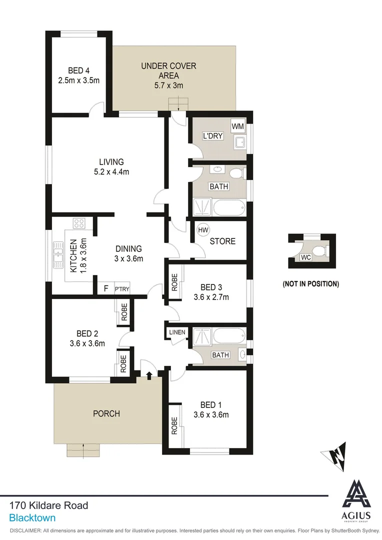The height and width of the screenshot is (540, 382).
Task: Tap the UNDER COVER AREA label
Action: (x=168, y=66)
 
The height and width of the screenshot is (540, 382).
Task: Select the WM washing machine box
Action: (x=237, y=126)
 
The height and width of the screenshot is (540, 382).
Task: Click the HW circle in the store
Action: (x=203, y=230)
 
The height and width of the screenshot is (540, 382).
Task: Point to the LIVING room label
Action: (x=111, y=162)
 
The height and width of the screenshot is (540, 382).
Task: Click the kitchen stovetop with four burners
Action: (x=79, y=223)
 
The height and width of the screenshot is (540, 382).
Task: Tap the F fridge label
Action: (x=105, y=288)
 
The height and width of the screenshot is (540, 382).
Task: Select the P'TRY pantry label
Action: (x=121, y=289)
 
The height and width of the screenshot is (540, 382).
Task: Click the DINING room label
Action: (x=128, y=248)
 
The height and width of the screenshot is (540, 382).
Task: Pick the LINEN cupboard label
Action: (x=177, y=332)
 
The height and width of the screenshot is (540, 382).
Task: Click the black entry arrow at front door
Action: (x=149, y=375)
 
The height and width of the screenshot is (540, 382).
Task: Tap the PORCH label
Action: (x=106, y=413)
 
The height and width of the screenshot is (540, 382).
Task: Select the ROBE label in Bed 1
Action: (x=174, y=425)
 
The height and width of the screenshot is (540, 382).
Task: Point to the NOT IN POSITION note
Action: (x=310, y=284)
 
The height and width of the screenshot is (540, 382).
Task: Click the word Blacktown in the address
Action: (x=32, y=518)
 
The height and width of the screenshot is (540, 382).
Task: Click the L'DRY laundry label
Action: (x=212, y=136)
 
